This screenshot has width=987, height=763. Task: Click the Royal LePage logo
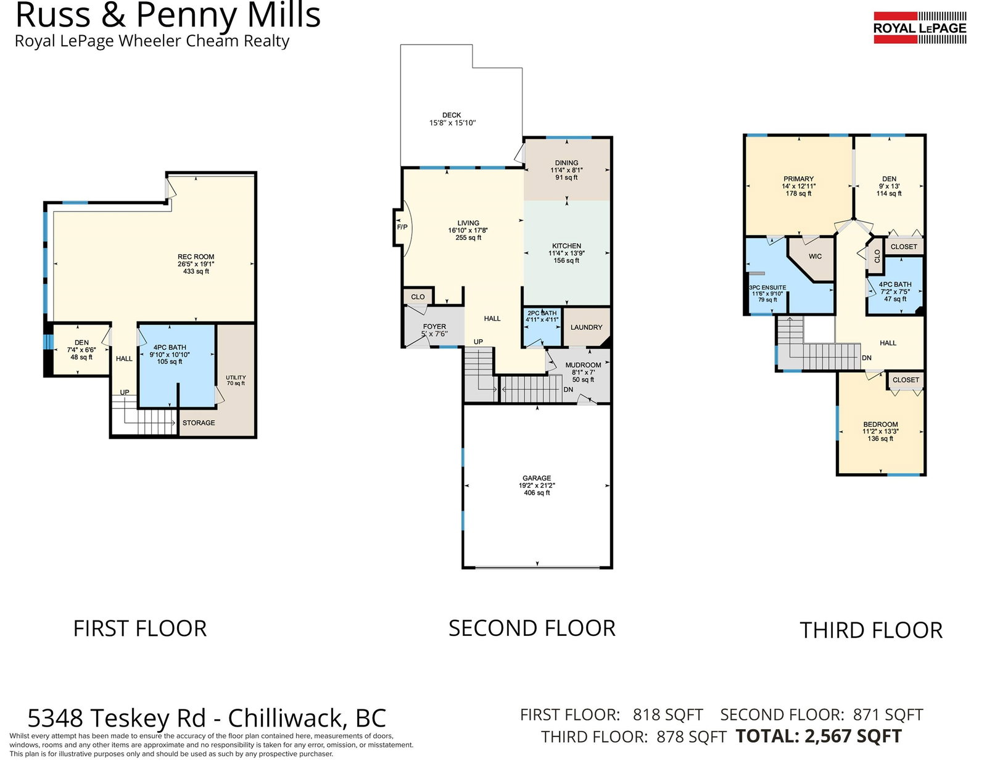pyautogui.click(x=920, y=28)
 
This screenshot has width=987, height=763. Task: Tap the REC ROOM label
pyautogui.click(x=196, y=257)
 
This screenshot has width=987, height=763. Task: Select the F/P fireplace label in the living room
pyautogui.click(x=402, y=227)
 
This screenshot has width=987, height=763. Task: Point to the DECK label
pyautogui.click(x=452, y=115)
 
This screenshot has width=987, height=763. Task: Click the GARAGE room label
pyautogui.click(x=537, y=478)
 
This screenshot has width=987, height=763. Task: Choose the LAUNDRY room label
pyautogui.click(x=587, y=327)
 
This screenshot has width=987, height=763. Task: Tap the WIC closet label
pyautogui.click(x=815, y=256)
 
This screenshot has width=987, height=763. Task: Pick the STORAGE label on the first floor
pyautogui.click(x=199, y=423)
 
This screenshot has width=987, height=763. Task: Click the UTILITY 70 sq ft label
pyautogui.click(x=236, y=380)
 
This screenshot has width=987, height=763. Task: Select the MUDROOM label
pyautogui.click(x=583, y=365)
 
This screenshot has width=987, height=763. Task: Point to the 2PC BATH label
pyautogui.click(x=542, y=313)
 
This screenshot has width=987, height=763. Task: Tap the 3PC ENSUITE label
pyautogui.click(x=767, y=287)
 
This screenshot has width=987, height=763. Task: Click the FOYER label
pyautogui.click(x=434, y=326)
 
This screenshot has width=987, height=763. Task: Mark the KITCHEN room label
pyautogui.click(x=566, y=245)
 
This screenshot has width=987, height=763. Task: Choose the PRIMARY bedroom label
pyautogui.click(x=798, y=179)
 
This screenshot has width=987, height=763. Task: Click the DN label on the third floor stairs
pyautogui.click(x=867, y=358)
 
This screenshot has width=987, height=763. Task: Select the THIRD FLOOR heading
pyautogui.click(x=871, y=630)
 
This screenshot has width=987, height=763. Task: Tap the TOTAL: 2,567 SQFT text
pyautogui.click(x=819, y=736)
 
